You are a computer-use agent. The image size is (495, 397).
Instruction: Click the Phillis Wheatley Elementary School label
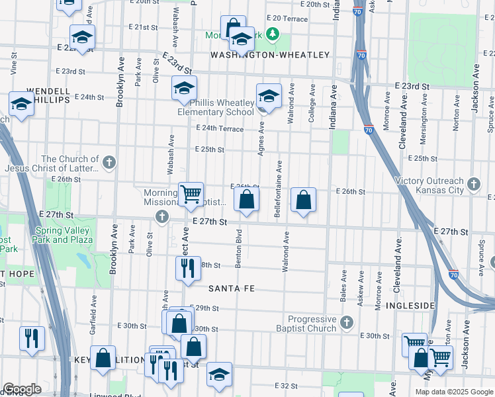pyautogui.click(x=216, y=107)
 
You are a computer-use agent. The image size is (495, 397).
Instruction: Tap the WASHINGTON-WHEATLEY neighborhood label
pyautogui.click(x=269, y=55)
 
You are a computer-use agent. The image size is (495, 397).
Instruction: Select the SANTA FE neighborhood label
pyautogui.click(x=232, y=288)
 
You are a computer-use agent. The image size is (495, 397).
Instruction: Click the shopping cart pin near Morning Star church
pyautogui.click(x=191, y=194)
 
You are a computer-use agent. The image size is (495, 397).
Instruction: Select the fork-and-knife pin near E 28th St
pyautogui.click(x=187, y=267)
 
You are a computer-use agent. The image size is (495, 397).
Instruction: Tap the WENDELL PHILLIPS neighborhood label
pyautogui.click(x=48, y=95)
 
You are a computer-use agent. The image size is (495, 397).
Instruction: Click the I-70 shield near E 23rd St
pyautogui.click(x=368, y=131)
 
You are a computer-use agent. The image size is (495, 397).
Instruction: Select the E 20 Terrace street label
pyautogui.click(x=287, y=19)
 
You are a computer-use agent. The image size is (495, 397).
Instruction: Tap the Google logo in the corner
pyautogui.click(x=22, y=389)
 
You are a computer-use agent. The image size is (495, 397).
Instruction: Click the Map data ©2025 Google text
pyautogui.click(x=453, y=391)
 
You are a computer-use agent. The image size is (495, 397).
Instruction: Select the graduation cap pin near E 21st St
pyautogui.click(x=82, y=36)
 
